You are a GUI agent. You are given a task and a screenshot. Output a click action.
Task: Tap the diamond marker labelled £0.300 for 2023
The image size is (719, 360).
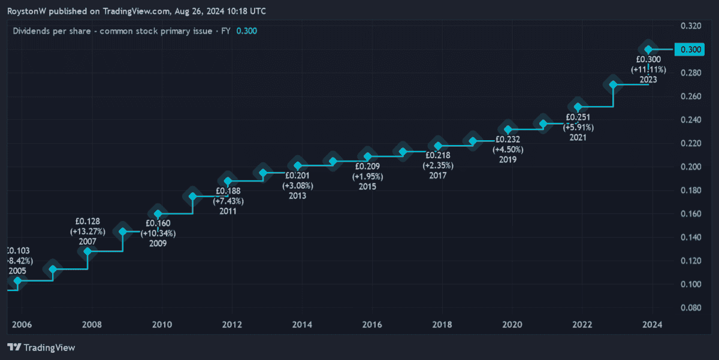(648, 49)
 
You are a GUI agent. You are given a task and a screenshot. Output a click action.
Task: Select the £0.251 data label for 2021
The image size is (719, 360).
(579, 117)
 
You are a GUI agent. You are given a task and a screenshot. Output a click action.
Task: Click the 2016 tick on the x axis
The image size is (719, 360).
(372, 325)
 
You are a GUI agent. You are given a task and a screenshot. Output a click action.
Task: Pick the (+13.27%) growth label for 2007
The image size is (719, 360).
(87, 231)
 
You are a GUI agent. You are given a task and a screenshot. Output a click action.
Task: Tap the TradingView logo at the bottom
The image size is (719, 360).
(41, 347)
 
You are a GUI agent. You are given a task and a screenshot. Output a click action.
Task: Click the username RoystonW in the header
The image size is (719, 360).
(26, 11)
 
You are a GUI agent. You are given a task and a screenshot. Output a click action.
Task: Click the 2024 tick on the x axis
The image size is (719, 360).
(652, 325)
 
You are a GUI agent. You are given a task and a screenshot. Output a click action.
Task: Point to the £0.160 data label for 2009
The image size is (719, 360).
(158, 223)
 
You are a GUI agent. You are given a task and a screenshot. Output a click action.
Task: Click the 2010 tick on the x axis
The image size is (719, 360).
(162, 325)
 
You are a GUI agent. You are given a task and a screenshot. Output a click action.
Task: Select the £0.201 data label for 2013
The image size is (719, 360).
(298, 176)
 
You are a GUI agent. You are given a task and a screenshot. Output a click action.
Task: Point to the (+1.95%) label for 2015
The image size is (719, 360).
(367, 177)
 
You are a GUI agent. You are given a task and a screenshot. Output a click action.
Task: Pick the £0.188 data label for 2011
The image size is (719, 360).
(228, 191)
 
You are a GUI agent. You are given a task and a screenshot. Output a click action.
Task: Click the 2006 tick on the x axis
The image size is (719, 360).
(22, 325)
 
